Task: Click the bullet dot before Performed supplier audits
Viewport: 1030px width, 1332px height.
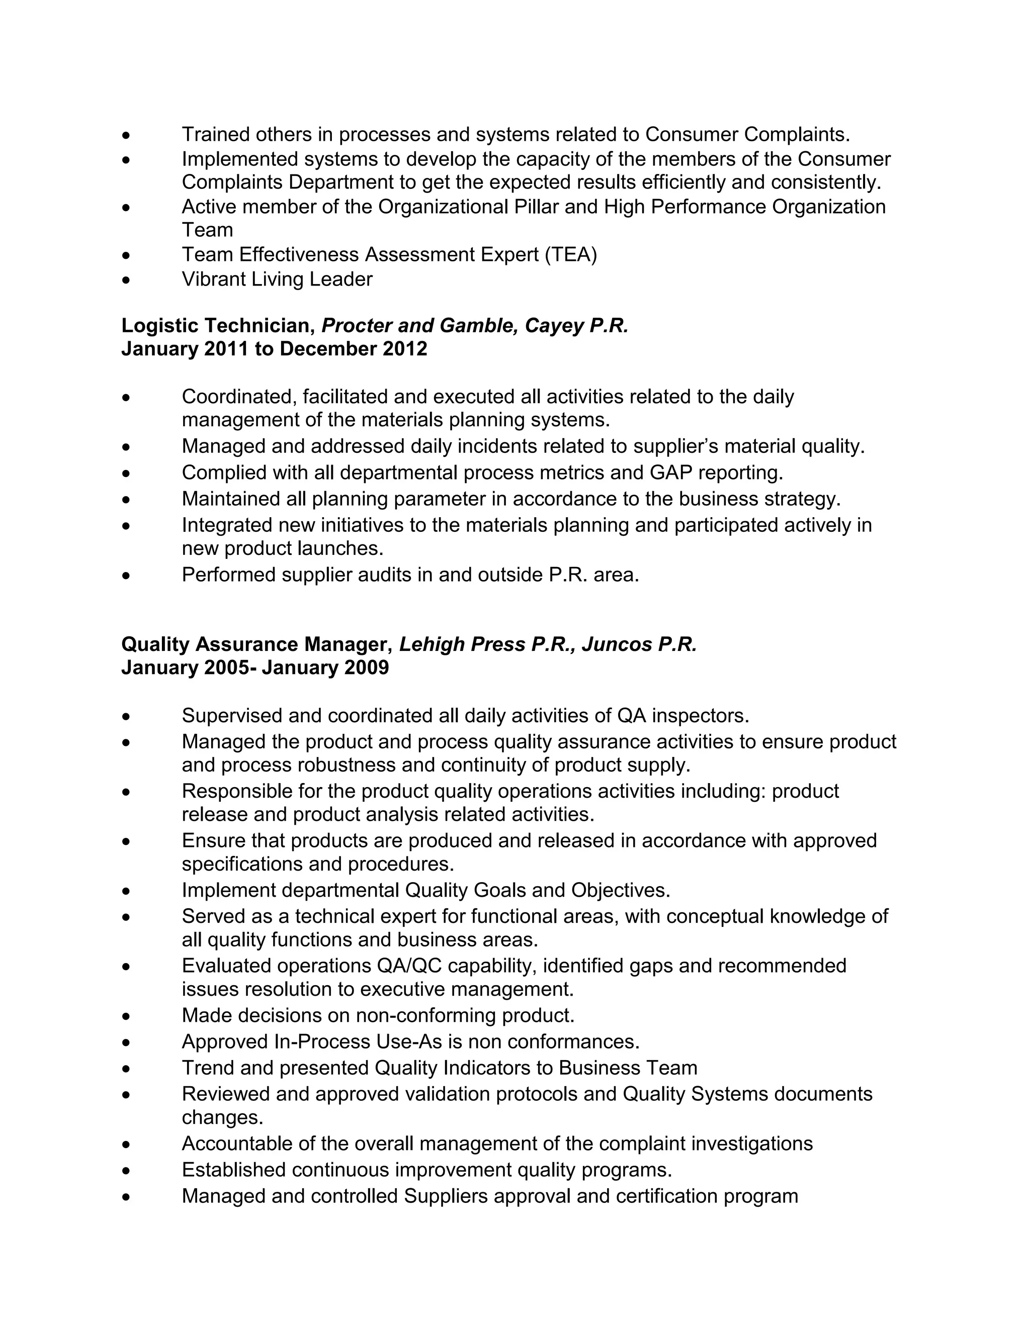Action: pyautogui.click(x=126, y=575)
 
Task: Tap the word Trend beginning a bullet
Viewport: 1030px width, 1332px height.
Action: pyautogui.click(x=208, y=1068)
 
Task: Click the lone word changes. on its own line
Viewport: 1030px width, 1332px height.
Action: pyautogui.click(x=222, y=1117)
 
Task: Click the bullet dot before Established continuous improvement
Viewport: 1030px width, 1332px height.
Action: pyautogui.click(x=126, y=1170)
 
